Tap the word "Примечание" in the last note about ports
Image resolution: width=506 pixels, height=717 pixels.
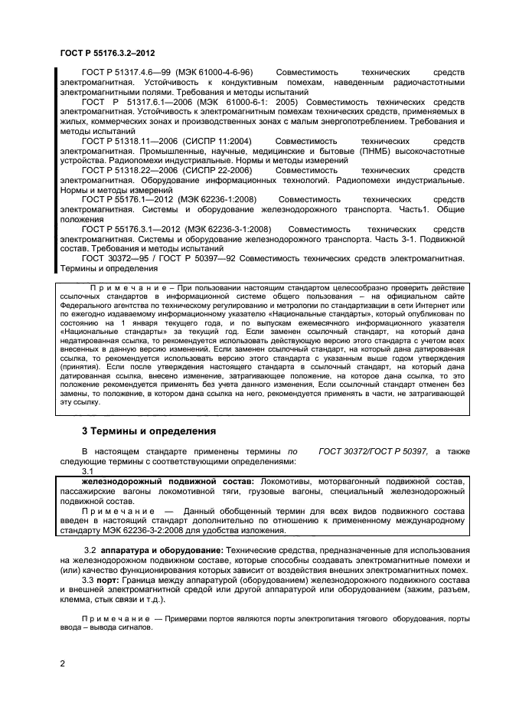[x=116, y=618]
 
